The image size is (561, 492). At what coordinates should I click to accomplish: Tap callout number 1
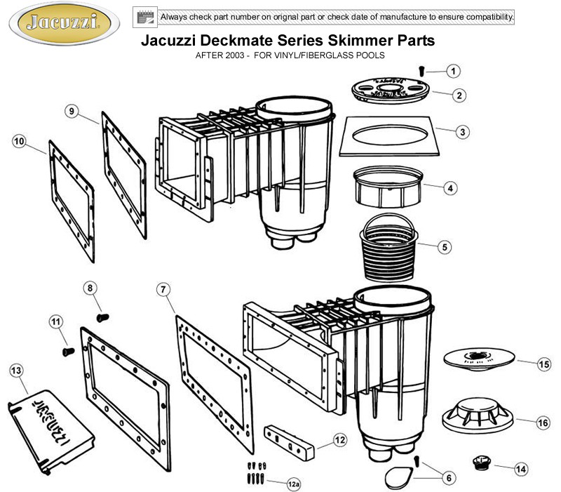[455, 71]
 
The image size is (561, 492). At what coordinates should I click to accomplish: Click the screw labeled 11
[67, 349]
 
